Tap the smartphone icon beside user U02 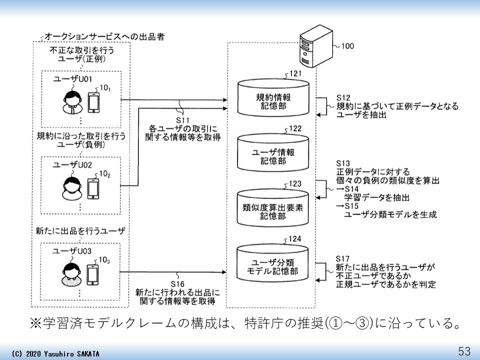tap(93, 188)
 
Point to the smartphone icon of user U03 tap(93, 274)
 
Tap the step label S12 tap(343, 97)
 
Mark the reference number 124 tap(295, 239)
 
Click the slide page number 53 tap(464, 350)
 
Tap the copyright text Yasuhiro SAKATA tap(68, 353)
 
